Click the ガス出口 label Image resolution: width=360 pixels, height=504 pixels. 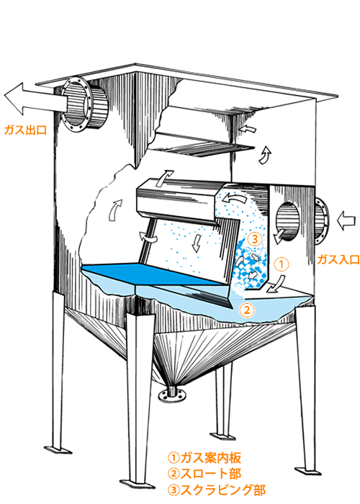pyautogui.click(x=25, y=130)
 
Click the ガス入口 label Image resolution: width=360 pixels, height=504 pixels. pyautogui.click(x=338, y=259)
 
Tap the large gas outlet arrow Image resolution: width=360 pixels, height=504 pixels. pyautogui.click(x=35, y=99)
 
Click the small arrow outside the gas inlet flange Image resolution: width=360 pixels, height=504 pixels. pyautogui.click(x=346, y=221)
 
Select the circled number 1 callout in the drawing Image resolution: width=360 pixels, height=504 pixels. pyautogui.click(x=282, y=264)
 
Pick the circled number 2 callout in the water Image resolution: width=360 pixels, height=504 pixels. pyautogui.click(x=247, y=310)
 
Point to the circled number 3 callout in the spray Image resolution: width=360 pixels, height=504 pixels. pyautogui.click(x=255, y=239)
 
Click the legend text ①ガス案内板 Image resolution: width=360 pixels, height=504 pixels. pyautogui.click(x=204, y=457)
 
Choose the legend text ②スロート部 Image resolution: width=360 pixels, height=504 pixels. pyautogui.click(x=204, y=474)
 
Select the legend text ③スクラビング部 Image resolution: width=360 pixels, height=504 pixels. pyautogui.click(x=217, y=490)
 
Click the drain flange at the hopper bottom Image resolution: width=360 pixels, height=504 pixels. pyautogui.click(x=174, y=395)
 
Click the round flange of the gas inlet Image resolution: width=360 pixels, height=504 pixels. pyautogui.click(x=321, y=221)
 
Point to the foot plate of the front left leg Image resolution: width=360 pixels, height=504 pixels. pyautogui.click(x=58, y=449)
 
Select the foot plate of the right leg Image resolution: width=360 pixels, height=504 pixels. pyautogui.click(x=308, y=471)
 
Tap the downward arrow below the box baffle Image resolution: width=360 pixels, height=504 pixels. pyautogui.click(x=197, y=243)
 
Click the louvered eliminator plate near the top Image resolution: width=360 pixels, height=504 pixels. pyautogui.click(x=201, y=147)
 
